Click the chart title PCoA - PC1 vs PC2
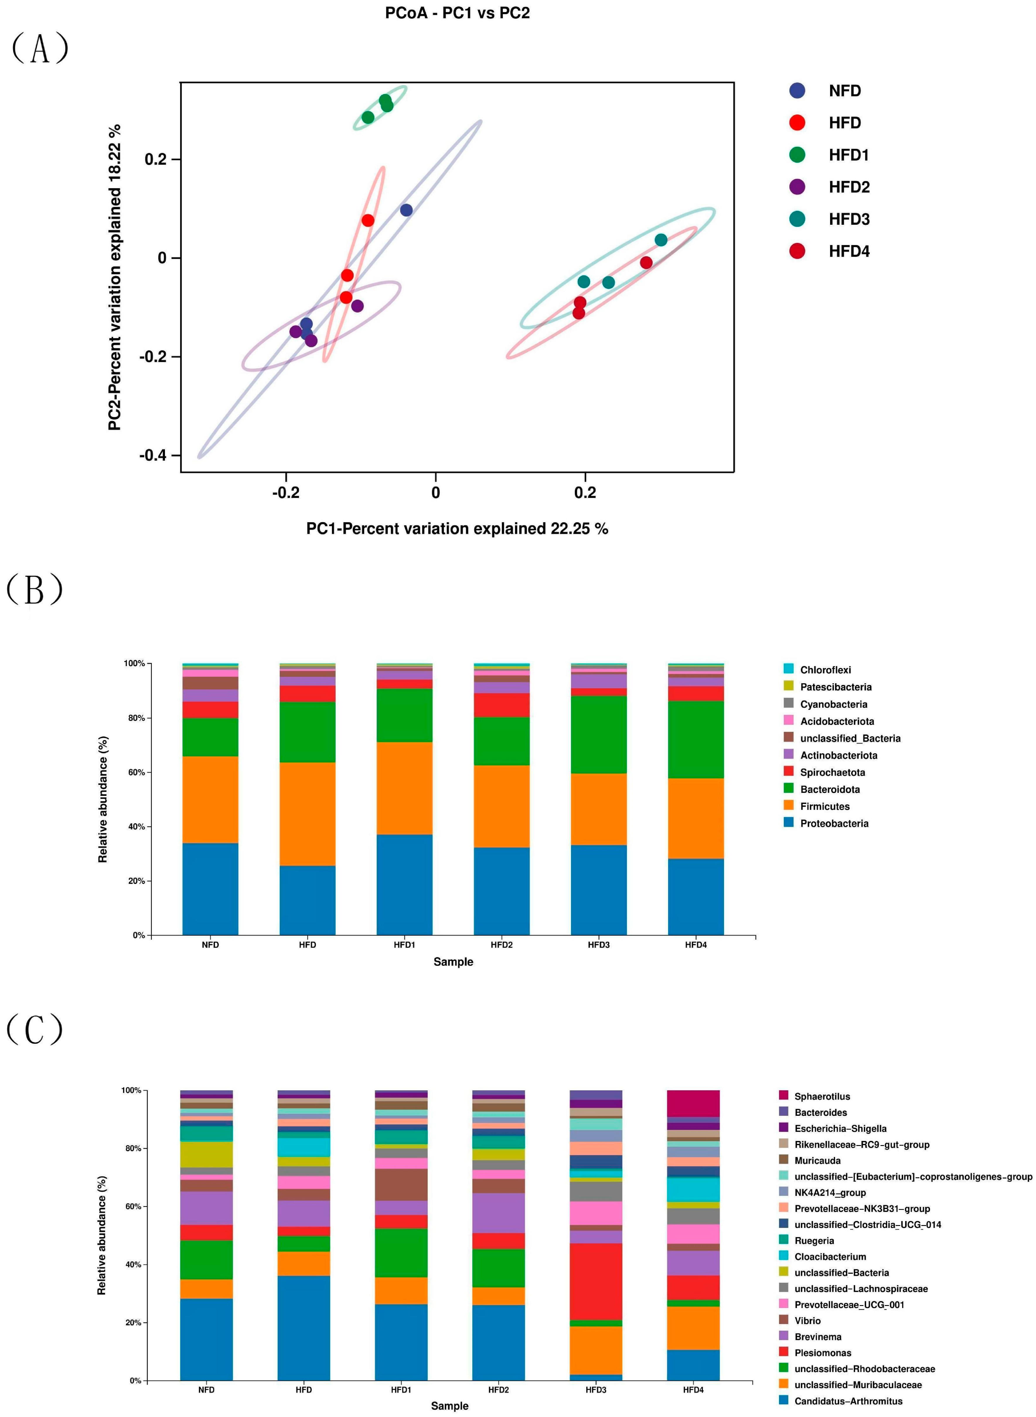coord(457,13)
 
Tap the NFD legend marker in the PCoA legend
coord(797,91)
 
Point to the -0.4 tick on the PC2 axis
coord(153,455)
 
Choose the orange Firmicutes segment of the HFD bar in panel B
coord(307,814)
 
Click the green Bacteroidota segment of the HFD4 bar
coord(696,740)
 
